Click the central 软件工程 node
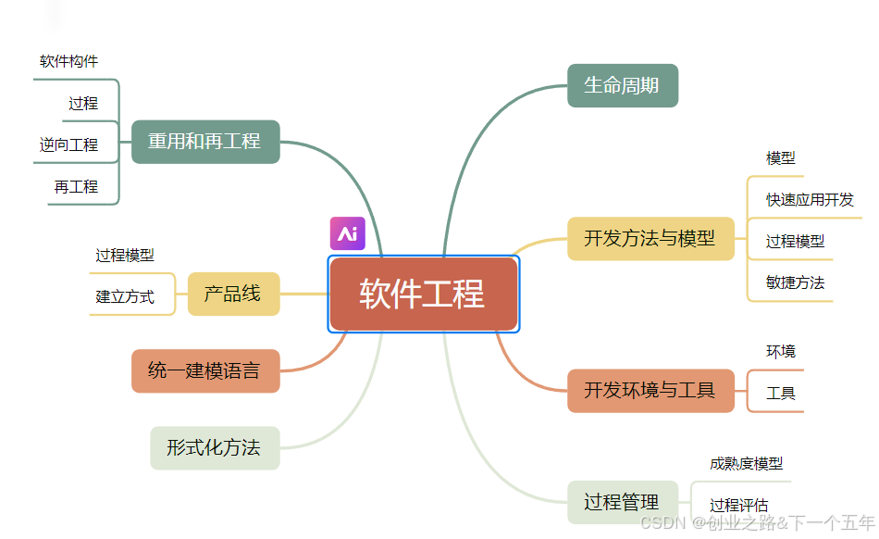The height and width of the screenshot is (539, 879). pos(423,294)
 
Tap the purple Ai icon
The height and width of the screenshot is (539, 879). pos(348,233)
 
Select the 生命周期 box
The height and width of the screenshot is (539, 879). pos(622,85)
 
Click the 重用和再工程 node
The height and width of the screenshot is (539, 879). pos(204,142)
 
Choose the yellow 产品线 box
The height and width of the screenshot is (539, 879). pos(232,295)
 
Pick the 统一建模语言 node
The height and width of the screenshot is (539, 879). pos(204,371)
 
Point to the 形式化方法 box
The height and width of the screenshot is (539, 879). pos(214,448)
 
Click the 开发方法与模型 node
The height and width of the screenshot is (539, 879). pos(650,238)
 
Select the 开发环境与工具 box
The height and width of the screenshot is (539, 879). pos(650,390)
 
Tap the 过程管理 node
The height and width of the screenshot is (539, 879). pos(622,503)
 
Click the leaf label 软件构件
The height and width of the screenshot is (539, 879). pos(68,61)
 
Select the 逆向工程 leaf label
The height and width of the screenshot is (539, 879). pos(68,144)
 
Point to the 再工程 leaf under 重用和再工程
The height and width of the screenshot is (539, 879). pos(76,186)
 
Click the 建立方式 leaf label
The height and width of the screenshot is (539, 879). pos(125,297)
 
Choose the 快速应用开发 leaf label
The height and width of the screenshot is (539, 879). pos(810,199)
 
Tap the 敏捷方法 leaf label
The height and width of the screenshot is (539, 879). pos(795,282)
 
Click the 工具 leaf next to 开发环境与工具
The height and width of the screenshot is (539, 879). pos(781,393)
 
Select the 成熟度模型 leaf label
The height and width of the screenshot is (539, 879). pos(746,463)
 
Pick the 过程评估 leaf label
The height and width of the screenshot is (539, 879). pos(738,505)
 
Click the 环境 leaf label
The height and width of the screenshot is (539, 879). pos(780,351)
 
